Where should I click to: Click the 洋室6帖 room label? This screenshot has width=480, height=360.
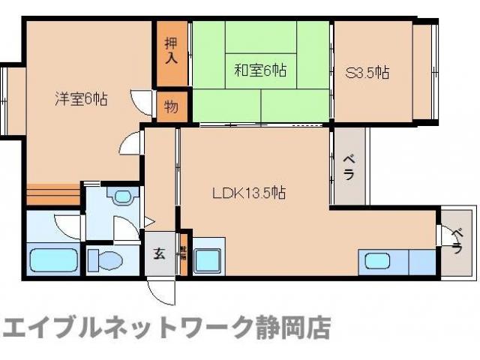(80, 98)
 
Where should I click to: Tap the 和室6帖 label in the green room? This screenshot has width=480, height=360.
(260, 71)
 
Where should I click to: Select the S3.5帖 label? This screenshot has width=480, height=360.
(367, 73)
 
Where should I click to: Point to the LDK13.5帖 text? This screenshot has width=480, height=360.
(248, 192)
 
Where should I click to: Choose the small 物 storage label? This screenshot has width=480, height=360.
(171, 106)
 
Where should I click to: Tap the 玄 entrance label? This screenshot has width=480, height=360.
(159, 253)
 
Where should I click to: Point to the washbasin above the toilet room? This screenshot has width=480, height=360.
(121, 196)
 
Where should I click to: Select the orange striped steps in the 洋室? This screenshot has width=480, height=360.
(52, 194)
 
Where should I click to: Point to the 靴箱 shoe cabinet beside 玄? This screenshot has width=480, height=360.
(182, 253)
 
